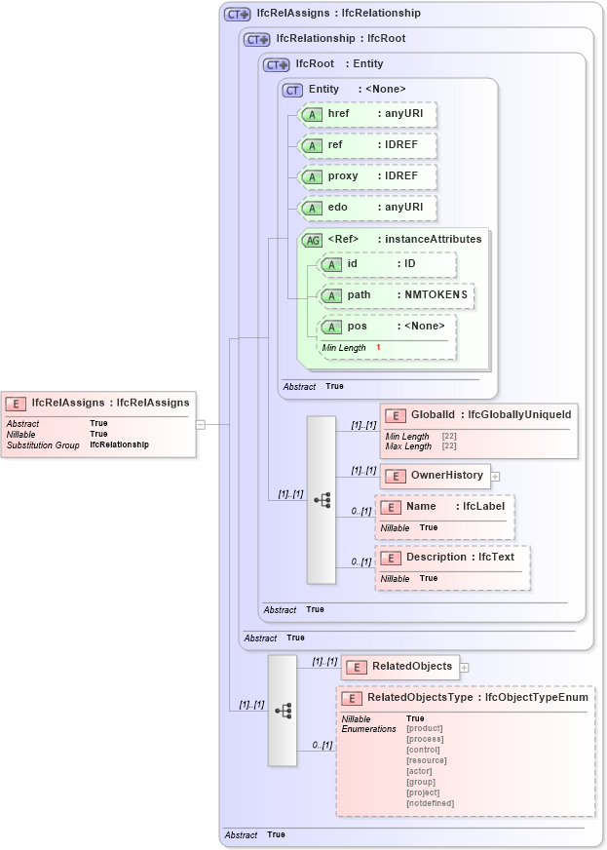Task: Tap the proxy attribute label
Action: point(342,176)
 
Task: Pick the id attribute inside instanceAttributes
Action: point(388,264)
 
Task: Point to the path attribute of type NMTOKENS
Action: point(397,295)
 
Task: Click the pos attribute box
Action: point(388,327)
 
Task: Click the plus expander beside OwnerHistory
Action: point(495,477)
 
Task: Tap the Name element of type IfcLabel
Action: point(444,507)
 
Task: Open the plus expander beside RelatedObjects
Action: point(464,668)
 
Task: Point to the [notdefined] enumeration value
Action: point(430,803)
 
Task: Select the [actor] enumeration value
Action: point(420,771)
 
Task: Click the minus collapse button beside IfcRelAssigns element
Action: point(200,424)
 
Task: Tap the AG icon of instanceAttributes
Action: point(312,240)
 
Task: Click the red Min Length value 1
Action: point(378,348)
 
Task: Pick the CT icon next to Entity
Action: point(292,90)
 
